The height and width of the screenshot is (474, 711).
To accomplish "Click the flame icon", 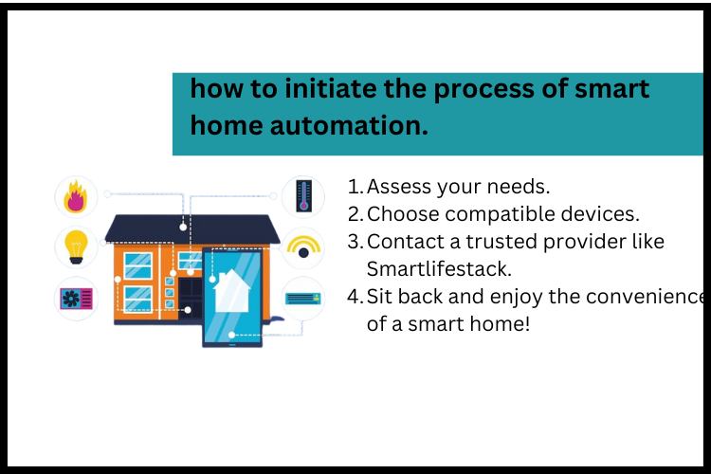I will click(x=76, y=198).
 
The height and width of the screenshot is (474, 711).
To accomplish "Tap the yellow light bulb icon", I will click(x=76, y=246).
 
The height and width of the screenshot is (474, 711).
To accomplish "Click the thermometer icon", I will click(x=303, y=195).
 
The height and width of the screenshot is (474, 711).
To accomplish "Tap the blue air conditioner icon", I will click(x=303, y=299).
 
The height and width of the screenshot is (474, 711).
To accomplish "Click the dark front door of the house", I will click(x=191, y=294).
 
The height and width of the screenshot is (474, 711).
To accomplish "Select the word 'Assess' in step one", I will click(x=395, y=187).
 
